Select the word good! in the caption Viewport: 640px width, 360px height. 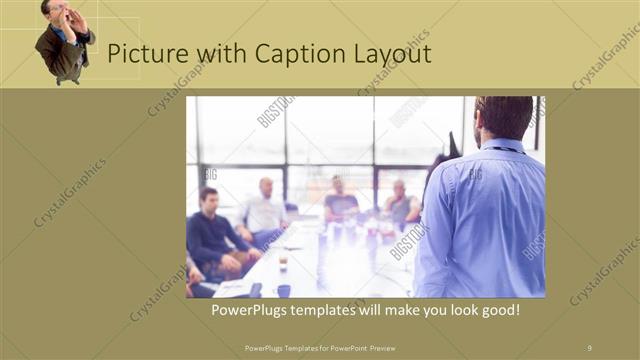point(499,311)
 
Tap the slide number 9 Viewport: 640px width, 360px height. point(589,347)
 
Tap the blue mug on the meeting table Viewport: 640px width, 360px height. point(284,291)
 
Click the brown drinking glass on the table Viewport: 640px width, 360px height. point(284,262)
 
